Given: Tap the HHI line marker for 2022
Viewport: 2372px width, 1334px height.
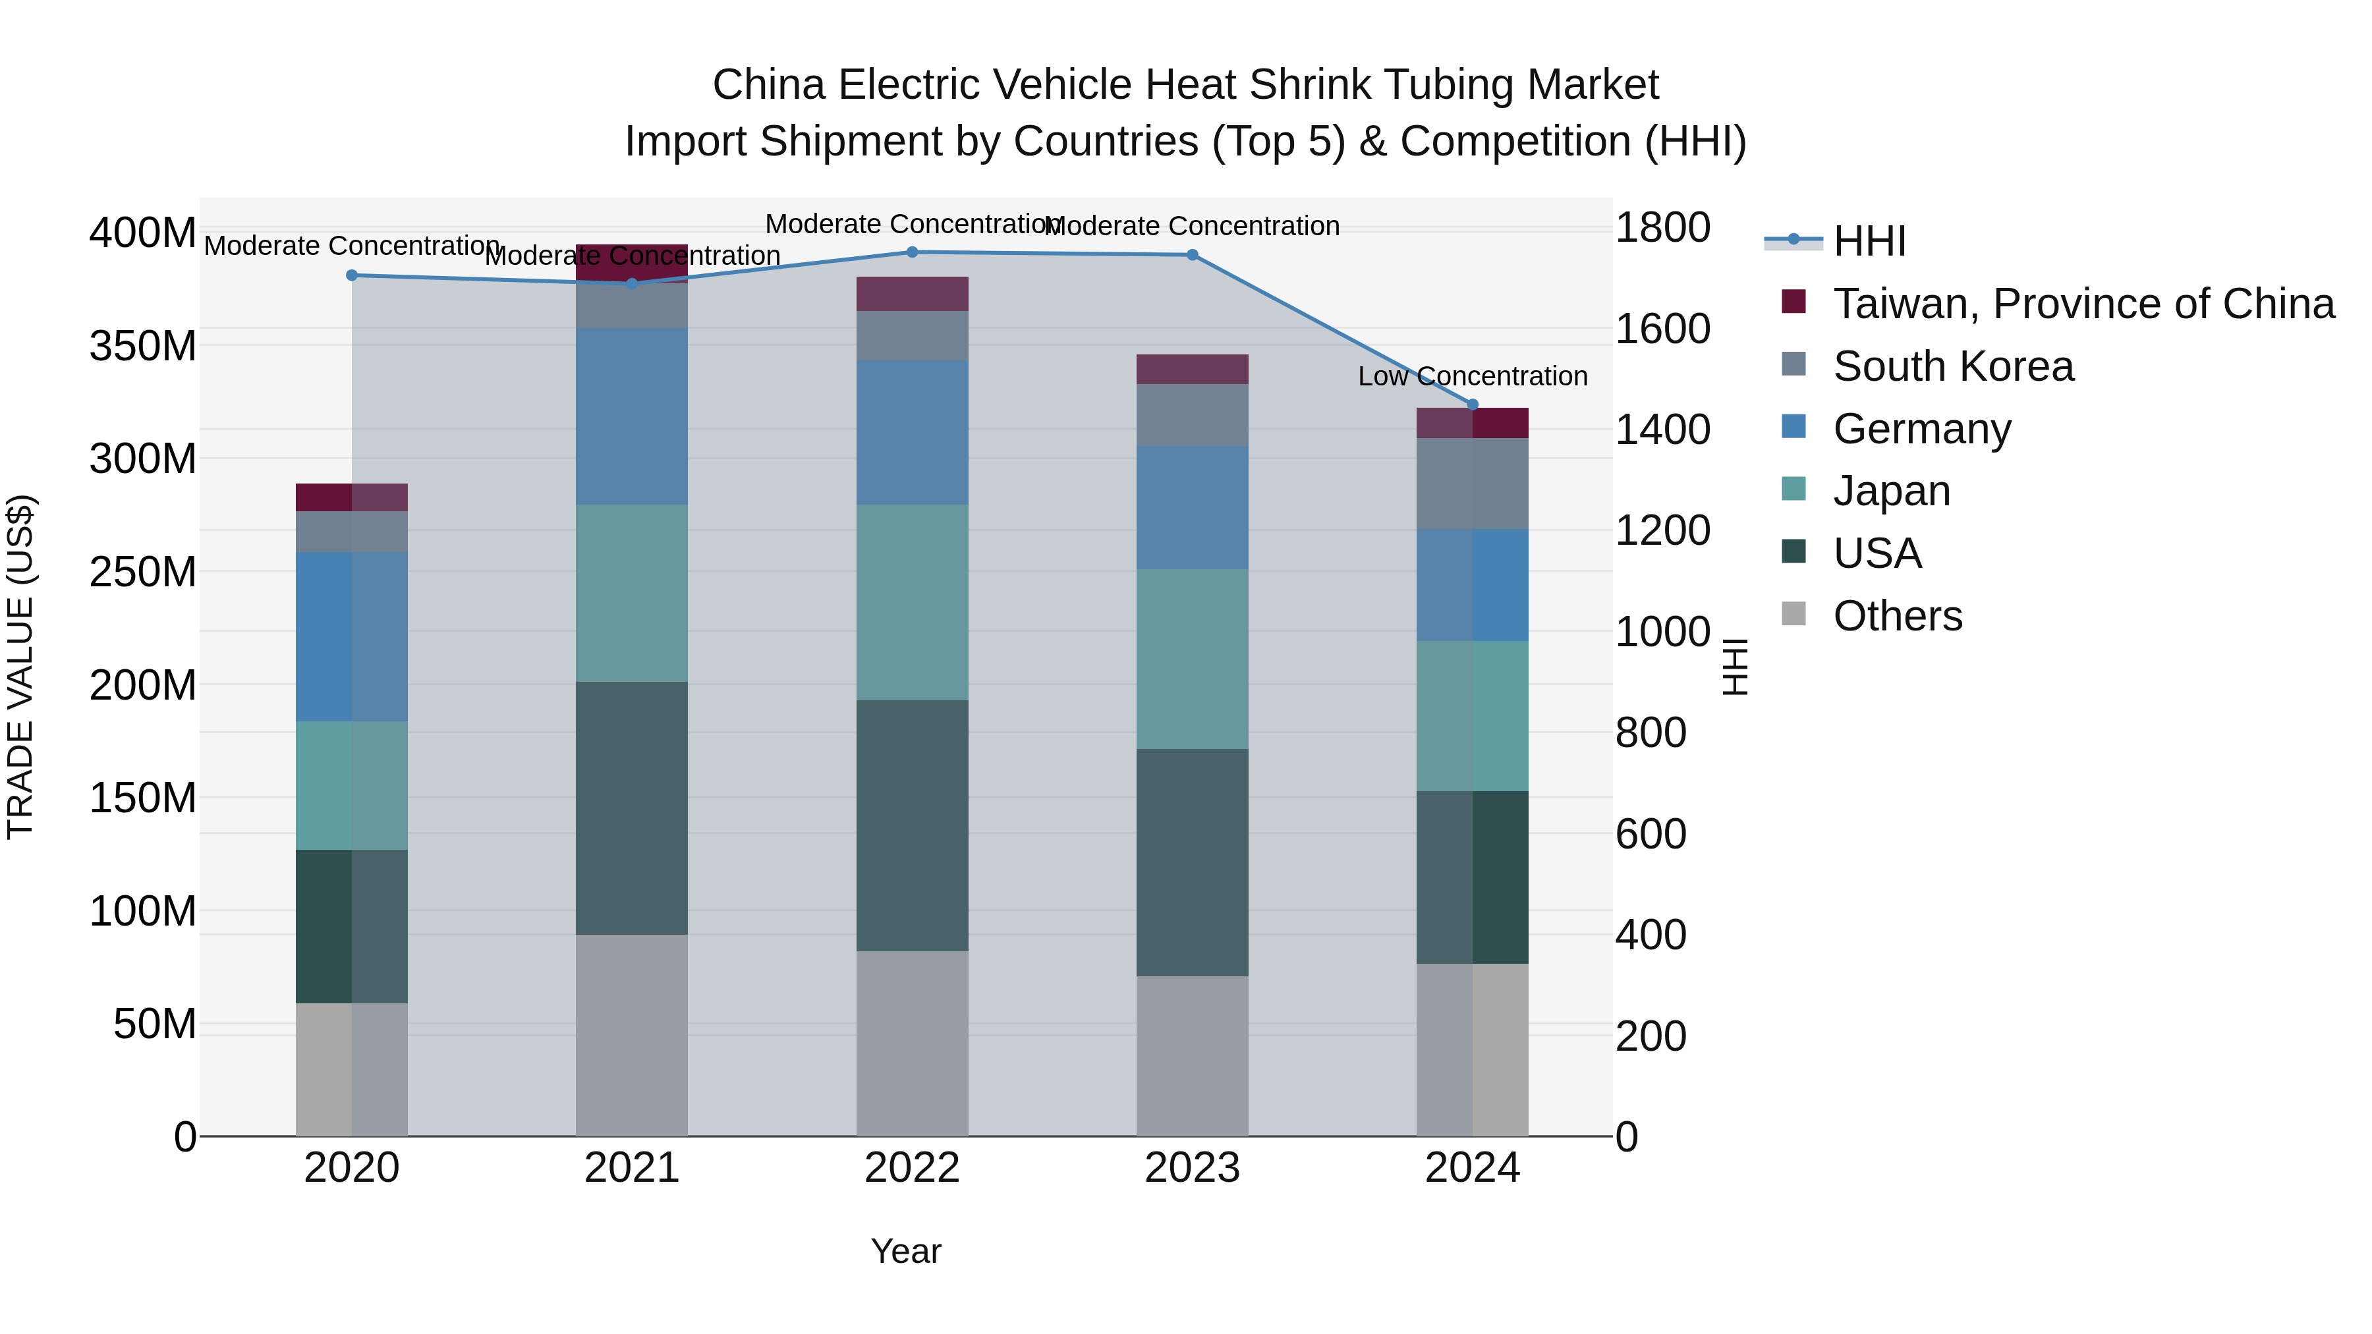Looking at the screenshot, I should coord(912,252).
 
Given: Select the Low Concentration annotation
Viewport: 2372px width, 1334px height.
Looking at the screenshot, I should coord(1473,377).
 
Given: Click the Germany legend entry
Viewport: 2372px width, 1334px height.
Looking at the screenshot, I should coord(1922,429).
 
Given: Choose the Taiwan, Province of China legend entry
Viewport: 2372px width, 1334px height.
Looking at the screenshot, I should coord(2083,304).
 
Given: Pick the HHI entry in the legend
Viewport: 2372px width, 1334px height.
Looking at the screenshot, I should coord(1869,241).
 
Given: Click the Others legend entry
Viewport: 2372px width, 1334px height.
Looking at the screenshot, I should coord(1897,616).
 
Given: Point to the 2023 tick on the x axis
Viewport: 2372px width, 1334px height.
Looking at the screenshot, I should coord(1191,1168).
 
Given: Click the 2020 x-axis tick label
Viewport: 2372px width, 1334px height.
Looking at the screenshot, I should coord(352,1168).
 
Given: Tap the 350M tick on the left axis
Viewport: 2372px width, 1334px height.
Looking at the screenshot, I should coord(143,346).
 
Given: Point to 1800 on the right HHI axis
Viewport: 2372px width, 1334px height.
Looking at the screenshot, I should coord(1662,227).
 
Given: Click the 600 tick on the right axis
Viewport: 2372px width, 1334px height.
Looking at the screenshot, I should coord(1650,834).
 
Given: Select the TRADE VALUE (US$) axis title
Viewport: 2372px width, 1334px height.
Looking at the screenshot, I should coord(20,667).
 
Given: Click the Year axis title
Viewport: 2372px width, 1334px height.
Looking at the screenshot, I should coord(906,1251).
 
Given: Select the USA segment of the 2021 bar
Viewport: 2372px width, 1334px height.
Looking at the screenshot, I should coord(632,808).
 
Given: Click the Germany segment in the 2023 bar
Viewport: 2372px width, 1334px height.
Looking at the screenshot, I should coord(1191,507).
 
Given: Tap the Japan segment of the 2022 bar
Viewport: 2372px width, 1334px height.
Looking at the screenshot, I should coord(912,602).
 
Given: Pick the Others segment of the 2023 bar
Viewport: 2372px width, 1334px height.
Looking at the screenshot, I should coord(1191,1055).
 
